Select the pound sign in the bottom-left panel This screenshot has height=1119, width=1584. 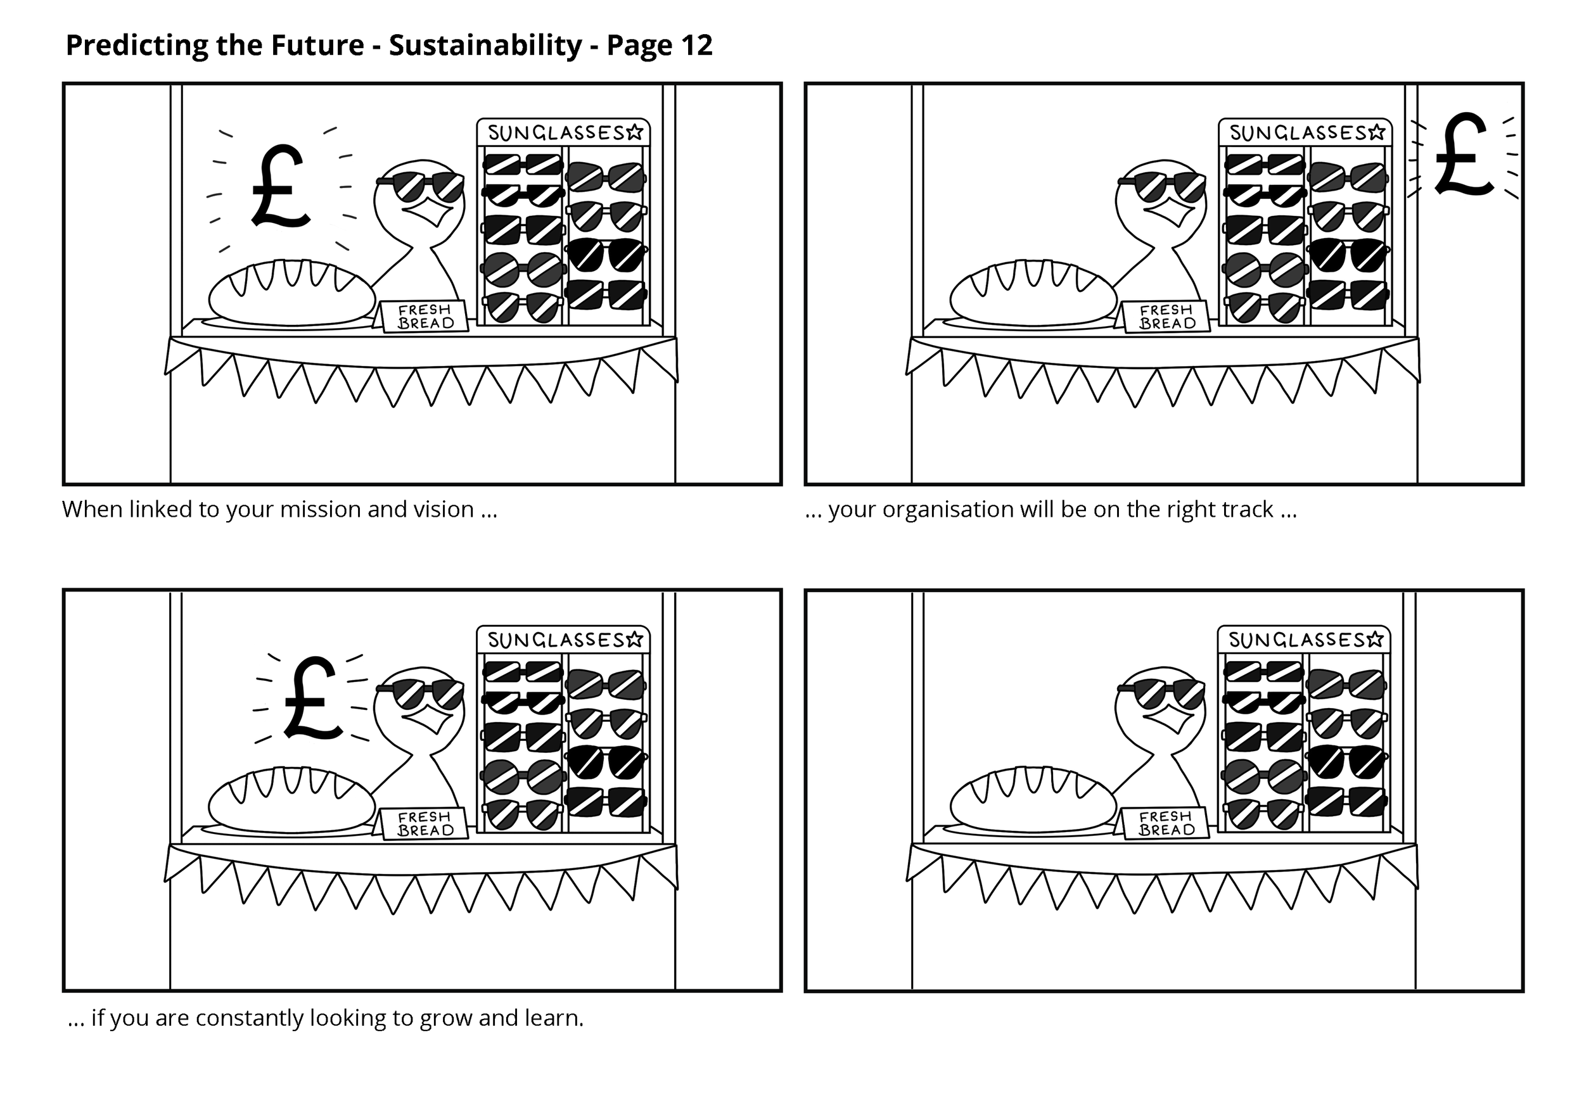tap(312, 698)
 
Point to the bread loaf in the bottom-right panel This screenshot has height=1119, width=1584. tap(1033, 799)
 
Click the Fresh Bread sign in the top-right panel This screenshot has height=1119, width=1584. tap(1166, 317)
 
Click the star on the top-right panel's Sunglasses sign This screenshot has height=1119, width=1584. tap(1376, 132)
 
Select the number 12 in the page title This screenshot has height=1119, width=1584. tap(696, 46)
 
